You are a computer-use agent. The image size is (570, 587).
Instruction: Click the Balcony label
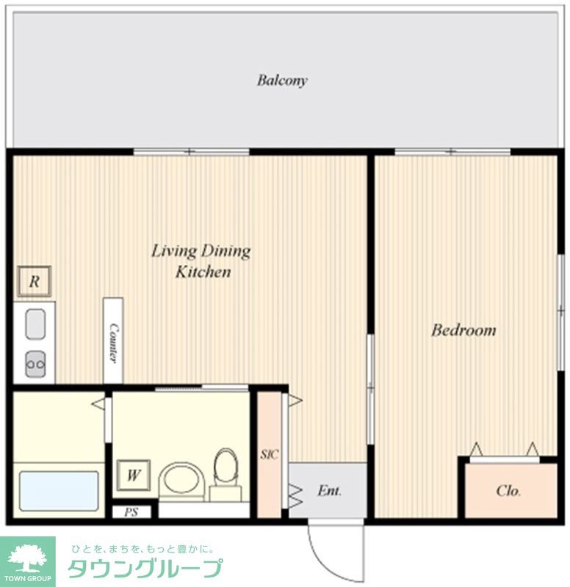[282, 81]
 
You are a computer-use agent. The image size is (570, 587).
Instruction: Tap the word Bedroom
[463, 330]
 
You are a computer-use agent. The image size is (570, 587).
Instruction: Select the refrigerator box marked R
[35, 281]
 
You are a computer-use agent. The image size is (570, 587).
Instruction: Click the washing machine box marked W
[134, 475]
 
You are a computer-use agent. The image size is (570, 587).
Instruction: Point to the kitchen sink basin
[35, 324]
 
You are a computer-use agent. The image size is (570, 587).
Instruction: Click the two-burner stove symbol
[35, 363]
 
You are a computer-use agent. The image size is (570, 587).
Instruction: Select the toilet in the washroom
[226, 474]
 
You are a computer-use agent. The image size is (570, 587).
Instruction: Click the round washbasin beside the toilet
[181, 482]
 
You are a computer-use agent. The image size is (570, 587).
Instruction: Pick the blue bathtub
[59, 491]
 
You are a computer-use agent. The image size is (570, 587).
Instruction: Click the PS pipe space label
[131, 512]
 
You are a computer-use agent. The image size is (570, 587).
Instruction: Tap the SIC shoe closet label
[269, 455]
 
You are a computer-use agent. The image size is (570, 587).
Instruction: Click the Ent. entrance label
[329, 491]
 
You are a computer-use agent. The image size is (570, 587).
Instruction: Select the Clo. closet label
[508, 491]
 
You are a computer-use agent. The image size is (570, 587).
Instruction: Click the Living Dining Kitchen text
[201, 261]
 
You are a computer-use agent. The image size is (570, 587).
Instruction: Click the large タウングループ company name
[145, 569]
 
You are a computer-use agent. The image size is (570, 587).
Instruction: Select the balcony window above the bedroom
[452, 152]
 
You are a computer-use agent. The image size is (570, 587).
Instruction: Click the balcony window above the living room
[191, 152]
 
